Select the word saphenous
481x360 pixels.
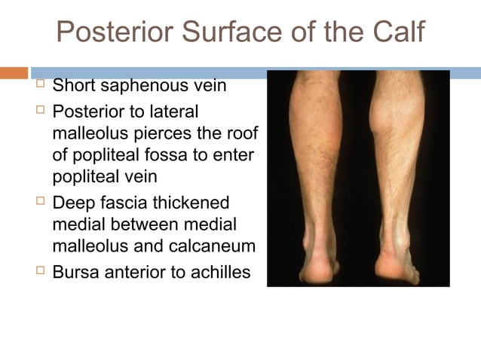click(x=143, y=85)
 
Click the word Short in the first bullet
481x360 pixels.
click(x=74, y=85)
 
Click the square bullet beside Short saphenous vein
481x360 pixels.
click(x=38, y=86)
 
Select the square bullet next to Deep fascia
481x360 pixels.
click(x=38, y=204)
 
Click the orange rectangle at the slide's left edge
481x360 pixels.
click(x=14, y=73)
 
